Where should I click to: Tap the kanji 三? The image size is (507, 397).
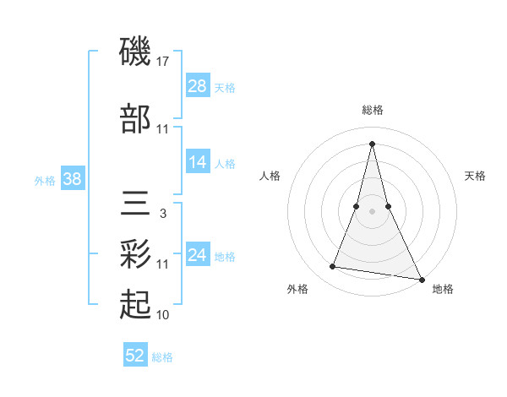point(135,204)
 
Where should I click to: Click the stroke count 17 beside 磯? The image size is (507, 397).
point(163,62)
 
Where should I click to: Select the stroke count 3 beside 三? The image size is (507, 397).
point(163,214)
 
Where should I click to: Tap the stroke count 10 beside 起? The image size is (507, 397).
point(163,315)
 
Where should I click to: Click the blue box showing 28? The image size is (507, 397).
point(197,85)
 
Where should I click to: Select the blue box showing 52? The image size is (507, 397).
point(135,356)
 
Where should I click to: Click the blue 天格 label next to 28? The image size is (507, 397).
point(225,88)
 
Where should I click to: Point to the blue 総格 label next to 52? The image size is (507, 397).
point(163,358)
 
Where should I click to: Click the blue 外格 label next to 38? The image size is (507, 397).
point(45,181)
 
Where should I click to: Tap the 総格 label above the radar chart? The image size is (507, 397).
point(373,111)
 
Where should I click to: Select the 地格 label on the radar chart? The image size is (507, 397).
point(443,290)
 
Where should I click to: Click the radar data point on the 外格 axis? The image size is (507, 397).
point(333,267)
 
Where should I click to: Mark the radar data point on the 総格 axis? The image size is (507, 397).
point(373,143)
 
